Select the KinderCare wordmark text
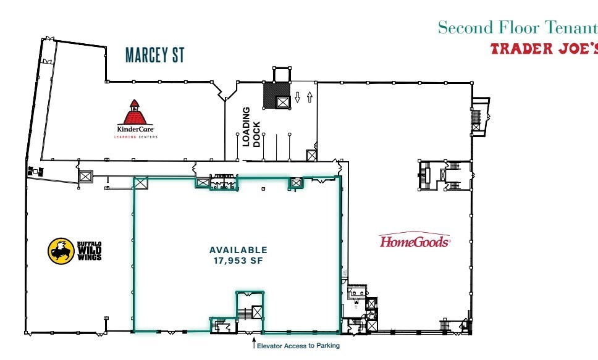135,130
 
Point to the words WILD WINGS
90,253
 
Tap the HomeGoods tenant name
415,241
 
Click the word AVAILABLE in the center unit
238,250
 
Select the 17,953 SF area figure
238,261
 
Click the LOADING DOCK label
251,127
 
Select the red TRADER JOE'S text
544,49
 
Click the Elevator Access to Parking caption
298,345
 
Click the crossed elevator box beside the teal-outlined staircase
257,312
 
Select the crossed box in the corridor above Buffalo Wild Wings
85,177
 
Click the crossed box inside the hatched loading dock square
283,102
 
